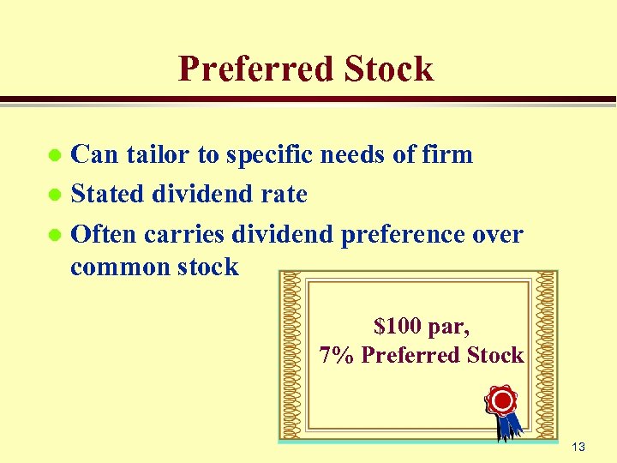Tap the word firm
447,154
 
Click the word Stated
107,194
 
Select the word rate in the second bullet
284,194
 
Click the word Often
105,233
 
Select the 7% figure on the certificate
336,354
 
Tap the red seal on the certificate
501,400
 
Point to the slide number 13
578,447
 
